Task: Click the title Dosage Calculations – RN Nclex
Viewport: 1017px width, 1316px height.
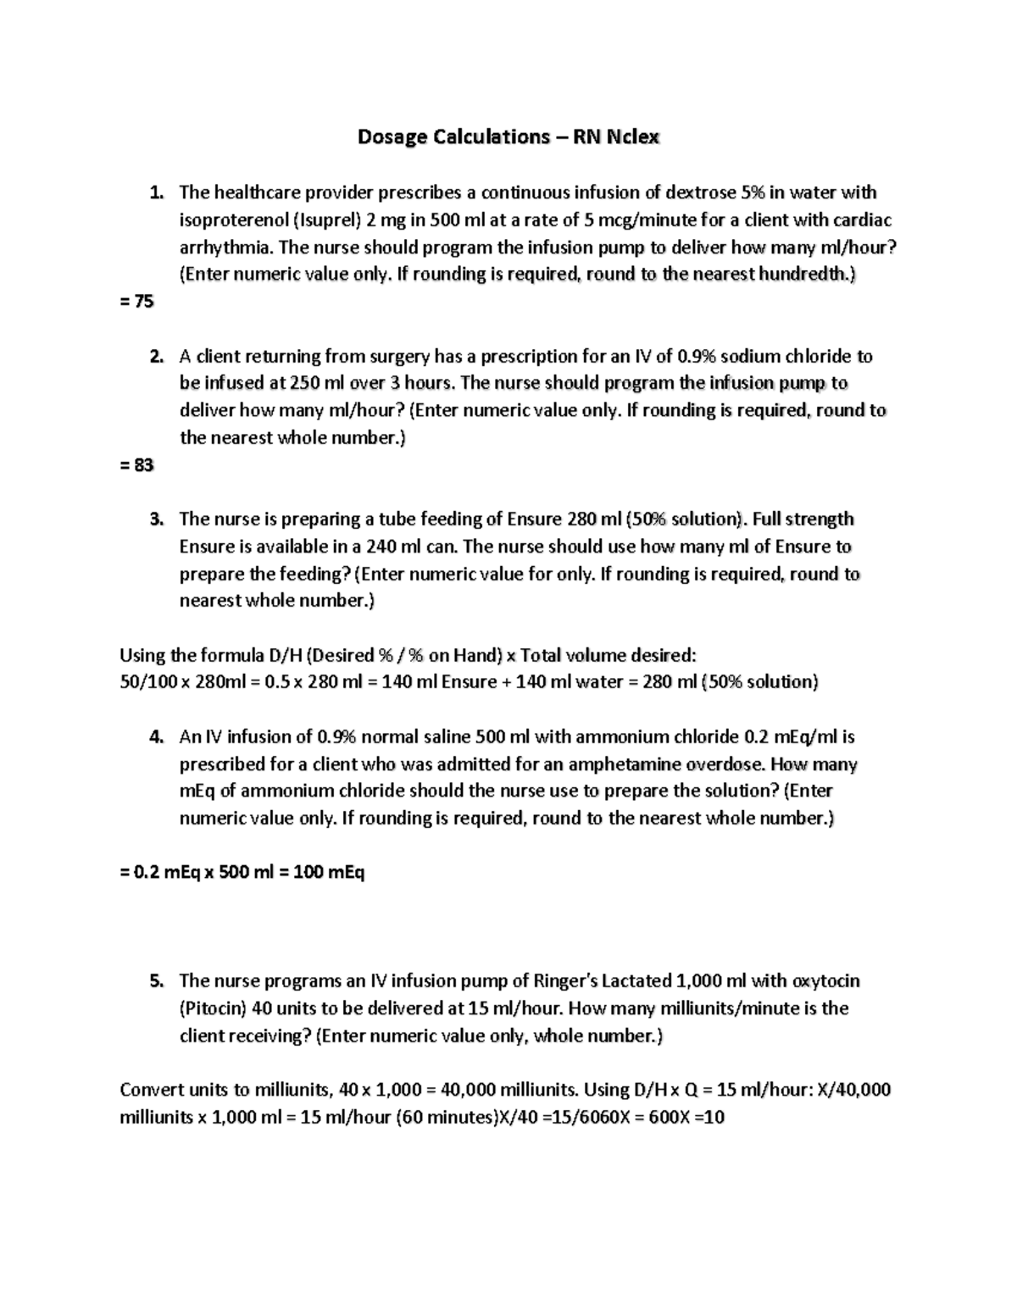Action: point(508,137)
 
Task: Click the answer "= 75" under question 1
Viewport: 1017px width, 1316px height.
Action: point(136,302)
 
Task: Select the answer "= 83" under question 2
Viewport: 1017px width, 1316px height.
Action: point(136,465)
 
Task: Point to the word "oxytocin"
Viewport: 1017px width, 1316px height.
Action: point(825,981)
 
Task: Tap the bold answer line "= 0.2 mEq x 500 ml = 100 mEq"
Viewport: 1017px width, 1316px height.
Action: point(242,872)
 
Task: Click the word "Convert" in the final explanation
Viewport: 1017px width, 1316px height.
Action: point(149,1090)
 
